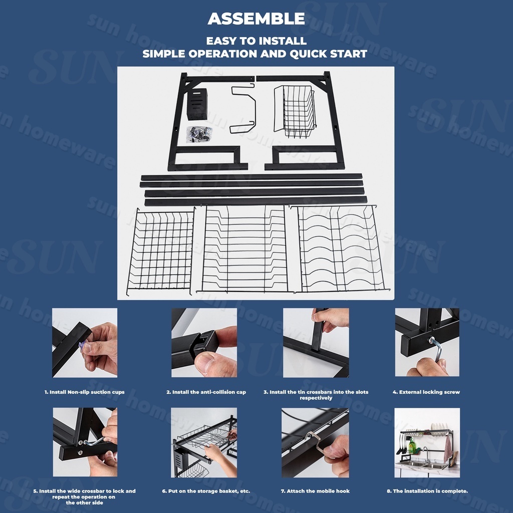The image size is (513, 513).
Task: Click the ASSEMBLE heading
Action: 256,19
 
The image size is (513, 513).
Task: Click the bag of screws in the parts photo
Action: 199,134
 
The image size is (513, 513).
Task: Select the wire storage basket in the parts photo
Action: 295,111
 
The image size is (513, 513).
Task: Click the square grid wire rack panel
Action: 161,250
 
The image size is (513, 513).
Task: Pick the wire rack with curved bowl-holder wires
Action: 341,248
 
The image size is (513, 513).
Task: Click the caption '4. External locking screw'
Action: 426,392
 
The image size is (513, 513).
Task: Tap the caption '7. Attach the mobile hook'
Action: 315,491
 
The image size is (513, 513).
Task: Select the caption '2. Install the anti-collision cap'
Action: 206,392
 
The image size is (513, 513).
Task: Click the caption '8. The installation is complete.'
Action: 427,491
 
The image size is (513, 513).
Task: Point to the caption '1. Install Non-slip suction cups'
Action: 84,392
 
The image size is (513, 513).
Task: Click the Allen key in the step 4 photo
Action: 437,349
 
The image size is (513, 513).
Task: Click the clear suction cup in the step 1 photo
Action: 83,346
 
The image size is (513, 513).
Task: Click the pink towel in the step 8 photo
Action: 447,448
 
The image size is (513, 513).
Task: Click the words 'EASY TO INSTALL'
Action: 256,41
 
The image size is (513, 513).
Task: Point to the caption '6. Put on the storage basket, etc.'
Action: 206,491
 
